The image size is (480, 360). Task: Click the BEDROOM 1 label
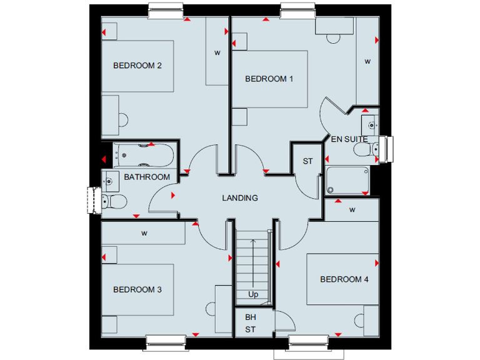269,79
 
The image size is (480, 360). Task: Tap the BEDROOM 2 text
133,65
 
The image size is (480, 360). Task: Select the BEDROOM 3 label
137,289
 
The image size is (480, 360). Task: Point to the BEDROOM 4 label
344,279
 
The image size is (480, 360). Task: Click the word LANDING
240,198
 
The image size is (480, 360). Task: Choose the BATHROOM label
146,177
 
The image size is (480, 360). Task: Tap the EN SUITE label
349,139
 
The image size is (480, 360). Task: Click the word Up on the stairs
253,294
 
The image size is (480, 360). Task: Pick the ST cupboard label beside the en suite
307,161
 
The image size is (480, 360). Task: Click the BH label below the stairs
251,317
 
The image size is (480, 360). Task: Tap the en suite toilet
363,149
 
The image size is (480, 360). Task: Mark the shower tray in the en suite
347,180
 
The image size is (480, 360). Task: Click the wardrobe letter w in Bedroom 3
144,234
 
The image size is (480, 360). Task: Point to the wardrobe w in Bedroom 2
217,53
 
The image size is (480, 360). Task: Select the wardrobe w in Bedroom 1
367,61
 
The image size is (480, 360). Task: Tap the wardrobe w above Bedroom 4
352,209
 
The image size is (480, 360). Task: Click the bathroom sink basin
109,181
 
